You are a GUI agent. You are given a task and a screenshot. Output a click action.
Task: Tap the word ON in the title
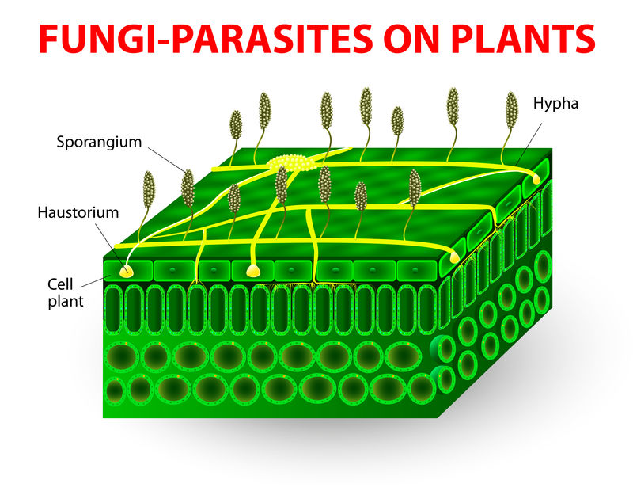(404, 37)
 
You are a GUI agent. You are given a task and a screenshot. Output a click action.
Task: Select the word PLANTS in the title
(518, 37)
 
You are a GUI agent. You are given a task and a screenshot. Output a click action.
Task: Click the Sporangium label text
(99, 143)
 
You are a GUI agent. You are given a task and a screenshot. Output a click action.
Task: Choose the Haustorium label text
(78, 212)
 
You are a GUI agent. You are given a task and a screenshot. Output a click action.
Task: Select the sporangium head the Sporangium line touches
(188, 187)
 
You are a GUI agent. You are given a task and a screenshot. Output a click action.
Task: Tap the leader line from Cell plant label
(93, 277)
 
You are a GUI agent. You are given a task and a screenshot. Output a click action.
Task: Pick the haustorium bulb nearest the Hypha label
(537, 181)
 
